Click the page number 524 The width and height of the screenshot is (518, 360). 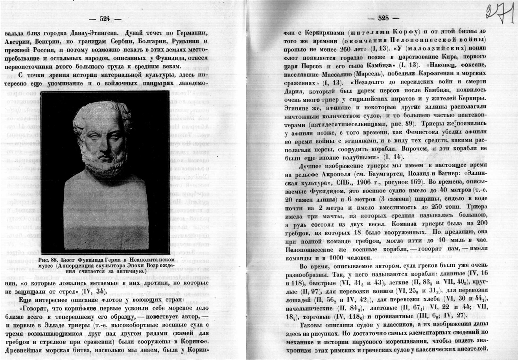(105, 18)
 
